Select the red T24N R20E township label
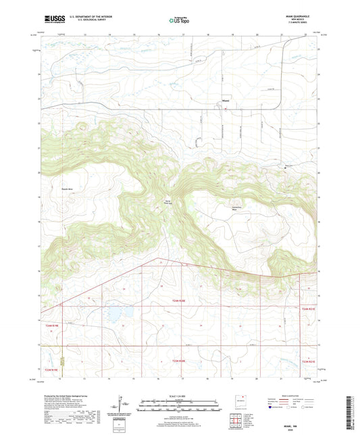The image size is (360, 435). [177, 303]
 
